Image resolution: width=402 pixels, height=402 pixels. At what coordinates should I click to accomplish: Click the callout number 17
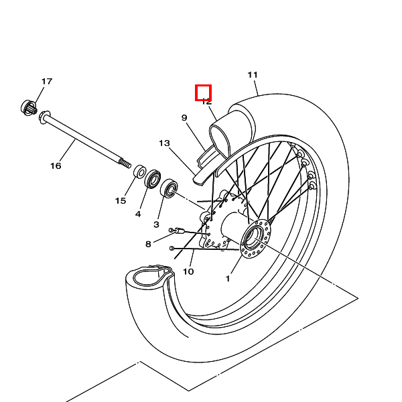coord(46,82)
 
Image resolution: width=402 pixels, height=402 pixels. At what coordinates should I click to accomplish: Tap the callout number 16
coord(56,165)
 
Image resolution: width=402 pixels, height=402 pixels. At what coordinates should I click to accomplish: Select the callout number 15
coord(121,200)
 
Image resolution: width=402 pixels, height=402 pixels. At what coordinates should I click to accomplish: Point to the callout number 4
coord(138,214)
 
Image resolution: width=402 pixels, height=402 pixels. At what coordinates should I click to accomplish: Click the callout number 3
coord(157,224)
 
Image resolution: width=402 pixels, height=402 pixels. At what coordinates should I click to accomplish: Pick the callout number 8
coord(148,244)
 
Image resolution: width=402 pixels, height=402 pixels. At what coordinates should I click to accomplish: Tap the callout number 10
coord(188,271)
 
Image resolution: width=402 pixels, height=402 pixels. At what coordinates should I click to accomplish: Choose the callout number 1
coord(228,278)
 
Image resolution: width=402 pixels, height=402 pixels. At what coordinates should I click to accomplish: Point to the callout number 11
coord(253,74)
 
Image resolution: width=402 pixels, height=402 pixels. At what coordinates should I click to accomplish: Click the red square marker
coord(204,92)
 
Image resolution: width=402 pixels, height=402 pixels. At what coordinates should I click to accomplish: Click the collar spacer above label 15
coord(141,171)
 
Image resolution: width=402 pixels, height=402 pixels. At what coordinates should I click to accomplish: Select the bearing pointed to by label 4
coord(153,178)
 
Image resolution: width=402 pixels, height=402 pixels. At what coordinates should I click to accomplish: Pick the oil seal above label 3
coord(169,188)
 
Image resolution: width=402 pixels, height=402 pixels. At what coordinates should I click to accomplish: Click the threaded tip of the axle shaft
coord(125,162)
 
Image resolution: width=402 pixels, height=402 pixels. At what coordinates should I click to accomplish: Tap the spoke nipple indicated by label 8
coord(178,230)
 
